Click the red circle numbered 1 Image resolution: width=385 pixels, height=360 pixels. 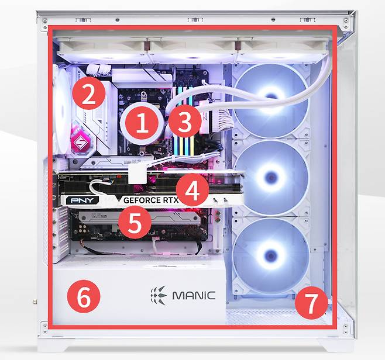[x=142, y=123]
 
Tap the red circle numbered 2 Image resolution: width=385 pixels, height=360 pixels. [x=88, y=93]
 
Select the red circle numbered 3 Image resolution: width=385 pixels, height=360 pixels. [x=185, y=121]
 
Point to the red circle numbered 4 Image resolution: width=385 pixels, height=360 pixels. [x=192, y=189]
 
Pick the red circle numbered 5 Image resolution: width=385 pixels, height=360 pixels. [x=135, y=223]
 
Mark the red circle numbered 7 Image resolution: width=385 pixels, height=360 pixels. [x=311, y=303]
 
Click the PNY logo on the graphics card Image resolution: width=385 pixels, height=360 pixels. [x=82, y=200]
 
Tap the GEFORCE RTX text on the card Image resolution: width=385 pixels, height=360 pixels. [x=151, y=200]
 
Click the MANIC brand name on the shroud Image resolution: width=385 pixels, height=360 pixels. [x=194, y=296]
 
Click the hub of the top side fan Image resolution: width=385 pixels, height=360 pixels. [x=271, y=96]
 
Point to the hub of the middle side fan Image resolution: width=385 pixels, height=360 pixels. [x=271, y=176]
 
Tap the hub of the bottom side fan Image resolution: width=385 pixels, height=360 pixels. [x=271, y=257]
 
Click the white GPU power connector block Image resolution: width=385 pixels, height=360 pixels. [x=137, y=175]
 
